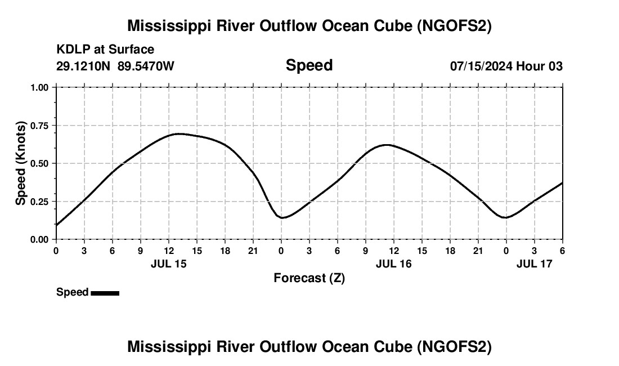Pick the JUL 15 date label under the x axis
tap(168, 264)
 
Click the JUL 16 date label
tap(393, 264)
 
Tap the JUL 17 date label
tap(534, 264)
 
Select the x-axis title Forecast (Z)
tap(309, 278)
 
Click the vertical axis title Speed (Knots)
tap(21, 163)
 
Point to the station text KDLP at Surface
tap(105, 50)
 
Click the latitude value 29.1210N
tap(83, 66)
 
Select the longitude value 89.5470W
tap(146, 66)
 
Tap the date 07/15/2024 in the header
tap(481, 66)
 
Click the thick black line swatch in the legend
tap(105, 293)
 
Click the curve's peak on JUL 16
tap(387, 145)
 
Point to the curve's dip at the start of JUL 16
tap(282, 217)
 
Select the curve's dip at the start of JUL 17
tap(506, 217)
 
